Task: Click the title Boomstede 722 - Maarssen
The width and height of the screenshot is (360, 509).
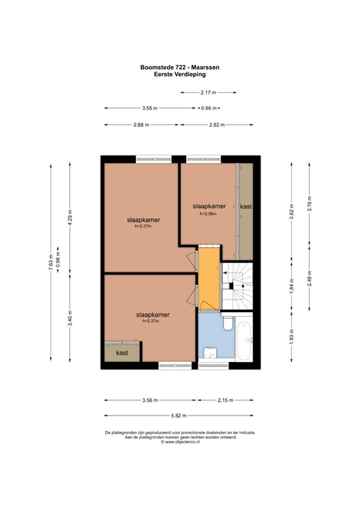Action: (180, 66)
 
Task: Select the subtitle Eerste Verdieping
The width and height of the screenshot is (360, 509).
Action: (180, 74)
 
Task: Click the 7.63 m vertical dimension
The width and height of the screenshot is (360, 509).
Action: (50, 258)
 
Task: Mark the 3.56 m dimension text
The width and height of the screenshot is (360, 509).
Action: (150, 400)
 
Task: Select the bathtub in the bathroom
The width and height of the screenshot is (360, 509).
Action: (245, 339)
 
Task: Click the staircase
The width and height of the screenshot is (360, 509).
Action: (238, 286)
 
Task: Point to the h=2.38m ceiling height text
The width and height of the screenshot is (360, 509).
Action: (209, 214)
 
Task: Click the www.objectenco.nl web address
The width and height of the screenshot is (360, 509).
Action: (180, 441)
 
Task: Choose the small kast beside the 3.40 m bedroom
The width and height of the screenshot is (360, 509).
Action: (122, 353)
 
